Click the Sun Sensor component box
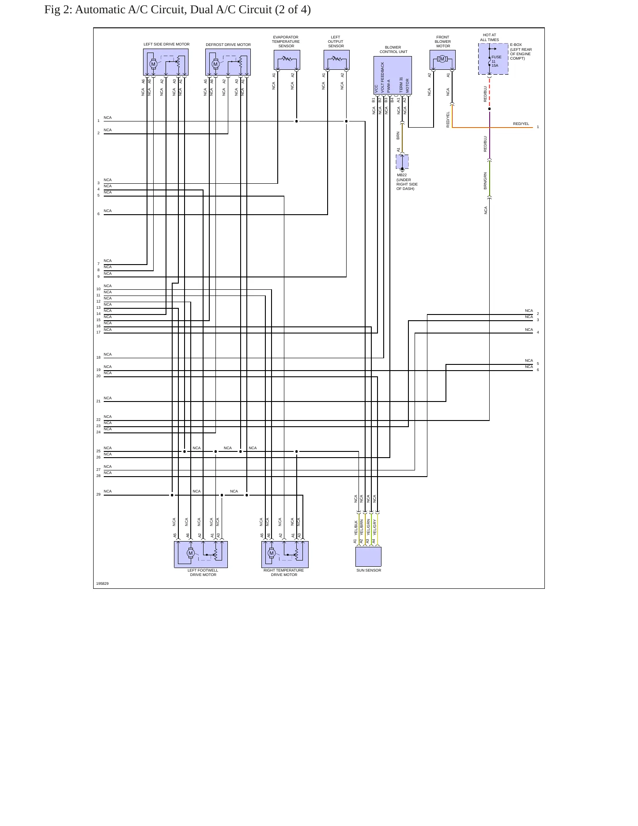368,557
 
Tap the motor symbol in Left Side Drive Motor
153,64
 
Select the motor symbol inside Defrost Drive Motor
215,64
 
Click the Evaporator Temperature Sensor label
286,42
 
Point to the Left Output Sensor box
336,60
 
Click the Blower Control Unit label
393,49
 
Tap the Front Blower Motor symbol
442,59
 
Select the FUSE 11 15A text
496,61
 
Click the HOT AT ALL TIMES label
489,38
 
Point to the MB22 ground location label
407,182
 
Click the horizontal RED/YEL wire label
521,124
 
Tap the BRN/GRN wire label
485,181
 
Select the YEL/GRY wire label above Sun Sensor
374,527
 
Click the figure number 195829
102,584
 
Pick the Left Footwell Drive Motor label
203,572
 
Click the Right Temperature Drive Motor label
284,572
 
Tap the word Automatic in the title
100,10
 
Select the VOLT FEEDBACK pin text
382,77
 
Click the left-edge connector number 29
98,494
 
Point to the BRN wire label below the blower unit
398,136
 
